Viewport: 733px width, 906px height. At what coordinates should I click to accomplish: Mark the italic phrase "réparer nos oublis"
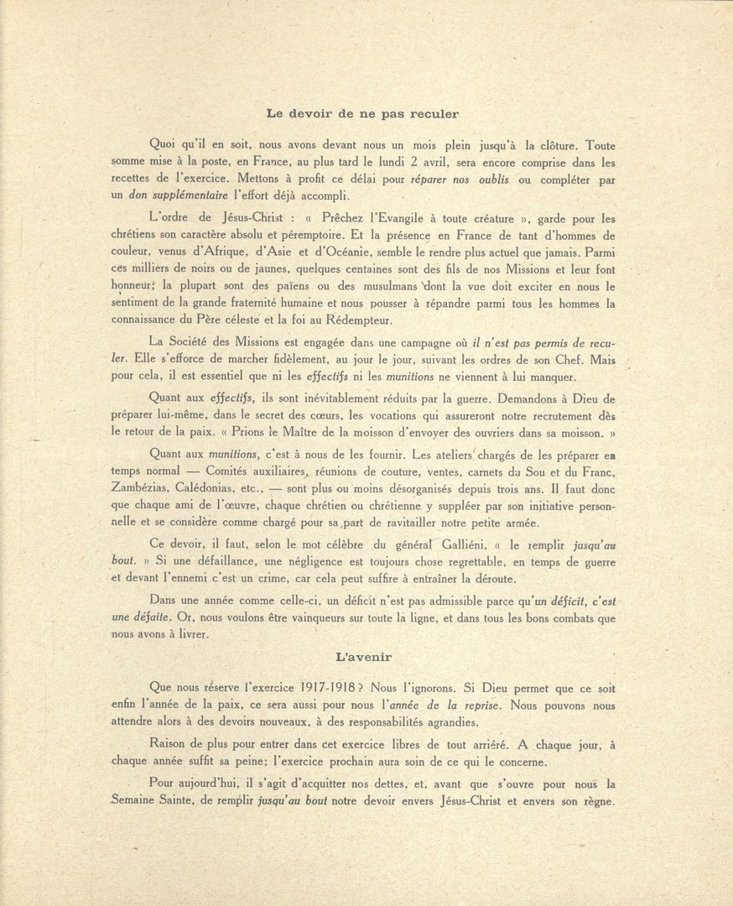[464, 180]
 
